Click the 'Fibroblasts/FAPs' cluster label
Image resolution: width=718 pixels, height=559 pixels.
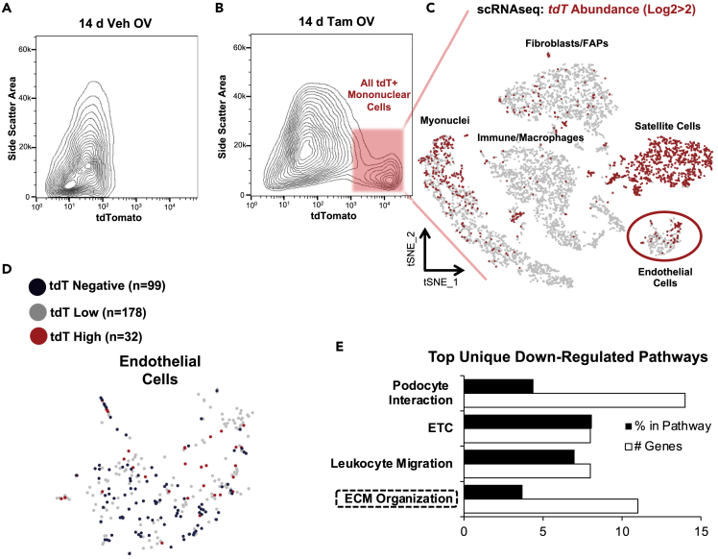(564, 44)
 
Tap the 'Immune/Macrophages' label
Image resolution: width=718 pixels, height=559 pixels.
(526, 138)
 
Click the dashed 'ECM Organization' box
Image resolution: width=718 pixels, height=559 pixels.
(395, 498)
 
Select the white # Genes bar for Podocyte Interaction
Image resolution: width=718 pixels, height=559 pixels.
(574, 401)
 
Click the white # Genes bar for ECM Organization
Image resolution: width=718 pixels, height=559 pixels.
(550, 505)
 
